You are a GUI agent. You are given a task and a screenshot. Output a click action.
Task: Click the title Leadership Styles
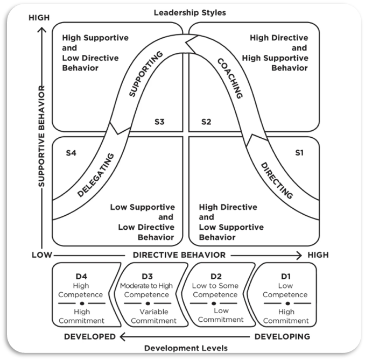(190, 12)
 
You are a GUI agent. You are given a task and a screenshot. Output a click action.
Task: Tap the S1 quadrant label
(299, 153)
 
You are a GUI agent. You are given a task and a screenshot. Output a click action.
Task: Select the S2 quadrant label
(206, 122)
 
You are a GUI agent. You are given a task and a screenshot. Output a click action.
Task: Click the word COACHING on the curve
(230, 77)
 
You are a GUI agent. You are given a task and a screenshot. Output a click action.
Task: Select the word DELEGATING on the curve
(96, 175)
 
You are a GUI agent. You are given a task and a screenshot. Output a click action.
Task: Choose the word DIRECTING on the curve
(277, 180)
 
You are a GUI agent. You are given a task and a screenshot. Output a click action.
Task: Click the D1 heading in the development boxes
(286, 277)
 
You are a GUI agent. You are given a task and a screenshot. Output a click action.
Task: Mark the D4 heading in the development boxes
(82, 277)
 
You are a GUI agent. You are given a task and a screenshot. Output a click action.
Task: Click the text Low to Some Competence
(215, 291)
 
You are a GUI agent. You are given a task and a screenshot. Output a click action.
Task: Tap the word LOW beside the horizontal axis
(41, 255)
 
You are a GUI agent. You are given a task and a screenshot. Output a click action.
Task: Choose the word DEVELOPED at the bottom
(90, 337)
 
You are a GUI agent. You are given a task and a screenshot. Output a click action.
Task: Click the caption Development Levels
(186, 348)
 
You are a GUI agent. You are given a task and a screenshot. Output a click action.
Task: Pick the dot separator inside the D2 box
(214, 303)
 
